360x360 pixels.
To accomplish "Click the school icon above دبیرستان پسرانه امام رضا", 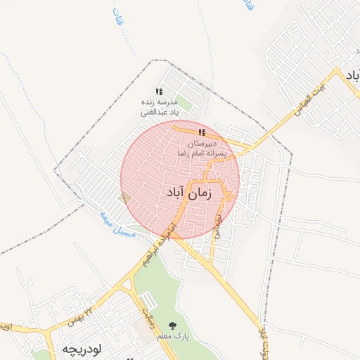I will tap(202, 132).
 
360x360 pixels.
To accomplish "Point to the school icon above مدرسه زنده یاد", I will tap(160, 91).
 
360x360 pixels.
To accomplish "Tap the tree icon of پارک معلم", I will tap(173, 325).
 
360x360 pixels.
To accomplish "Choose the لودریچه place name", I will tap(83, 349).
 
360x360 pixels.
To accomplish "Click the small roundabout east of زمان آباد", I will tap(229, 196).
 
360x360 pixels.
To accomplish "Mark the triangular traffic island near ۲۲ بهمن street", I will tap(127, 285).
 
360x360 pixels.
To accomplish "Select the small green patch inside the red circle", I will tap(124, 198).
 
